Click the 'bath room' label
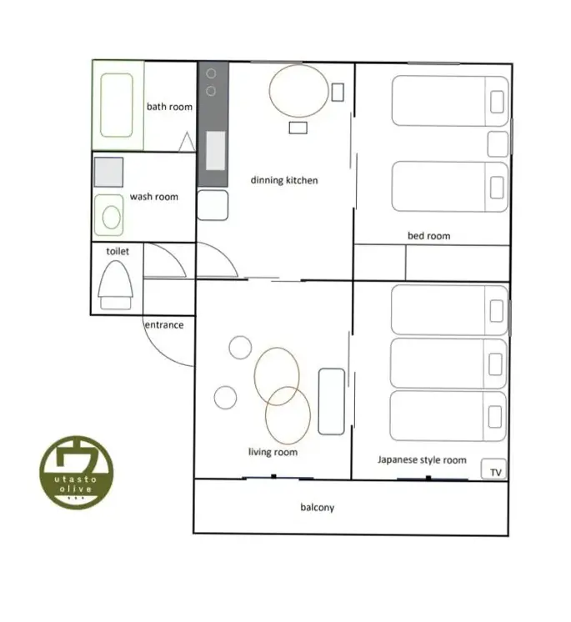pyautogui.click(x=169, y=107)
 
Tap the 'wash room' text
pyautogui.click(x=154, y=197)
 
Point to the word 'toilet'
pyautogui.click(x=118, y=251)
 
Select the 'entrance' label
pyautogui.click(x=164, y=325)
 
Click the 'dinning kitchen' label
pyautogui.click(x=284, y=180)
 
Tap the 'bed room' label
pyautogui.click(x=429, y=236)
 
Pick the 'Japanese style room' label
pyautogui.click(x=422, y=460)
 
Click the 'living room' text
pyautogui.click(x=273, y=452)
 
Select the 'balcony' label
pyautogui.click(x=318, y=508)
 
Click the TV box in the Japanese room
pyautogui.click(x=493, y=469)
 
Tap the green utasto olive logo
pyautogui.click(x=77, y=473)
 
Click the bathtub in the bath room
pyautogui.click(x=117, y=106)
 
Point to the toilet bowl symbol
pyautogui.click(x=115, y=285)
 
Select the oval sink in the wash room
pyautogui.click(x=112, y=217)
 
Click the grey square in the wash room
pyautogui.click(x=108, y=172)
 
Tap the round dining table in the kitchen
pyautogui.click(x=298, y=91)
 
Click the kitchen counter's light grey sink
pyautogui.click(x=216, y=151)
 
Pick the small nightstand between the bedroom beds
pyautogui.click(x=498, y=144)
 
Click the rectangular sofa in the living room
pyautogui.click(x=332, y=401)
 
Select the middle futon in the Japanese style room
pyautogui.click(x=448, y=364)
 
